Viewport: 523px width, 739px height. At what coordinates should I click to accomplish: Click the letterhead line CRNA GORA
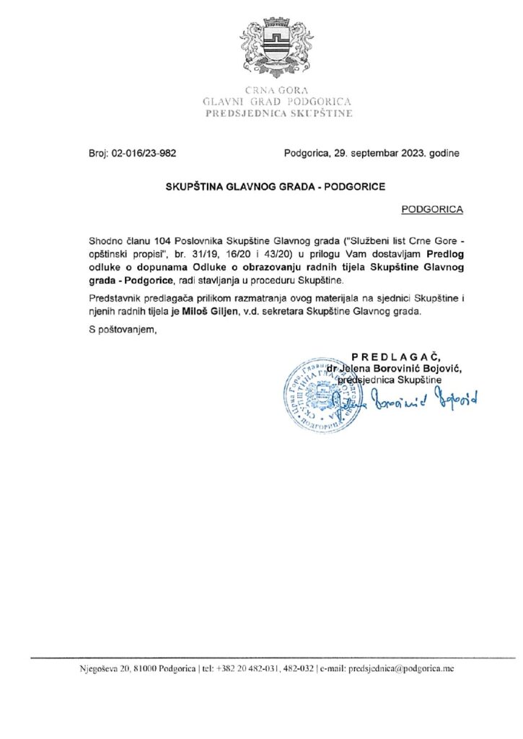point(277,91)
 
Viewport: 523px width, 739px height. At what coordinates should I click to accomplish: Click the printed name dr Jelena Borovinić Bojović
point(393,368)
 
